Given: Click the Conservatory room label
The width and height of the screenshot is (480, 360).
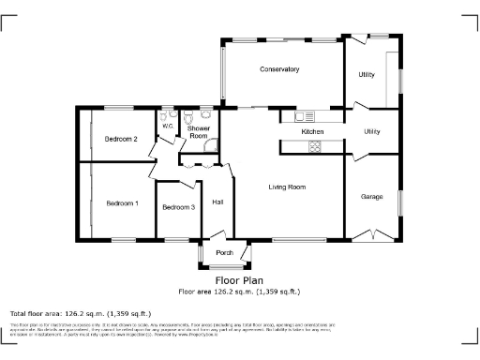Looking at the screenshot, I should (279, 69).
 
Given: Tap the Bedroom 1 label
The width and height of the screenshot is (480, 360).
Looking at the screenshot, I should (122, 203).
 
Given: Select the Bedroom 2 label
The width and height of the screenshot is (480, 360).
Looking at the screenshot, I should (121, 139).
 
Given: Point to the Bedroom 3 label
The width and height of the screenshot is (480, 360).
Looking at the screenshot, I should (178, 207).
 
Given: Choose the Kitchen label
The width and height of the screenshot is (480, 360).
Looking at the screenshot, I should (312, 132).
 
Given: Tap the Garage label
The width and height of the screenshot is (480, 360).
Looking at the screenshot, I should (372, 197).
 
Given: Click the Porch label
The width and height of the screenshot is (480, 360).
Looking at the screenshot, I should (224, 253).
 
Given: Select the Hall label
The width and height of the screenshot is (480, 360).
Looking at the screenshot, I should (217, 202).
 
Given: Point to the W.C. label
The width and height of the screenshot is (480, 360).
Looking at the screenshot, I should (168, 125).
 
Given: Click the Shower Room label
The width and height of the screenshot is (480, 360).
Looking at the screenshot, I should (198, 132).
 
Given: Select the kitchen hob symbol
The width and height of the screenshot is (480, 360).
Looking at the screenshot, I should (314, 146).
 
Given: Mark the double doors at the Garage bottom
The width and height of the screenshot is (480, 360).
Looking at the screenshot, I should (373, 233).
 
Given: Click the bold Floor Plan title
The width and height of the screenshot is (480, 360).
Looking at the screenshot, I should (239, 279).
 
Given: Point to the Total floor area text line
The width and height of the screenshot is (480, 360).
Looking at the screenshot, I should (80, 313).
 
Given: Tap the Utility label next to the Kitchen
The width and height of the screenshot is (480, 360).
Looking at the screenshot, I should (372, 132).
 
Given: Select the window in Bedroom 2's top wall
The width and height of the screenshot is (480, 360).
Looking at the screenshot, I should (117, 109).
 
